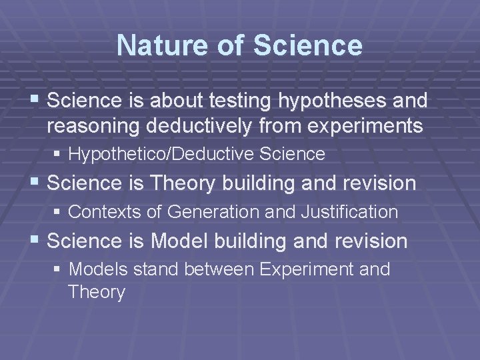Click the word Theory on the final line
[96, 293]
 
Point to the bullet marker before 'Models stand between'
[59, 271]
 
